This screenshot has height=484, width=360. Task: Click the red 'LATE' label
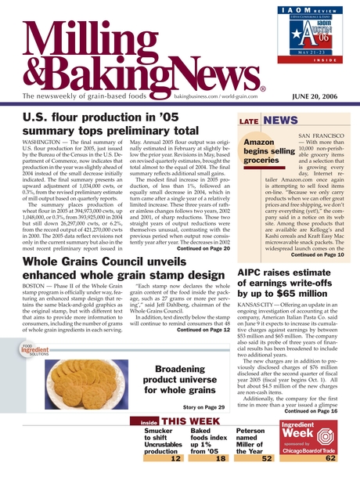pyautogui.click(x=248, y=121)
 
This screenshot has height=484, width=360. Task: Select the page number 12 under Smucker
pyautogui.click(x=175, y=459)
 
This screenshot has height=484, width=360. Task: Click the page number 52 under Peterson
pyautogui.click(x=266, y=459)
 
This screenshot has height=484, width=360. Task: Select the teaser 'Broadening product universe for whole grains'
pyautogui.click(x=185, y=380)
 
